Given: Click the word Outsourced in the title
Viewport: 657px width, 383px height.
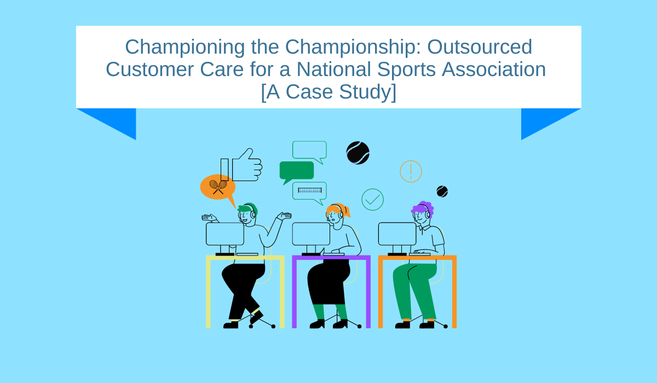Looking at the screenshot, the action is [x=480, y=47].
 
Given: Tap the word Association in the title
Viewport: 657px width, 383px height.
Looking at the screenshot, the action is [x=494, y=69].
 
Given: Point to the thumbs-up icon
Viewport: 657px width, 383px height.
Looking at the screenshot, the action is [x=241, y=165].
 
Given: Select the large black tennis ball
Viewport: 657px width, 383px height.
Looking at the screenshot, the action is [x=358, y=153].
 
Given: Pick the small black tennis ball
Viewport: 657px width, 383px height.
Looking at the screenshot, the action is [x=442, y=191].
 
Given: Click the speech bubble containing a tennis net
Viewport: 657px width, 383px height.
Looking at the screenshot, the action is [x=309, y=192].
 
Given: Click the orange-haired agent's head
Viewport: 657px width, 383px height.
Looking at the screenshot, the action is [x=337, y=213].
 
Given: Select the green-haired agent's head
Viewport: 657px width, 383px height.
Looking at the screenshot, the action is [x=247, y=213].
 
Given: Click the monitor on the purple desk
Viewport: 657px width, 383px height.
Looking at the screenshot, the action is [x=311, y=234].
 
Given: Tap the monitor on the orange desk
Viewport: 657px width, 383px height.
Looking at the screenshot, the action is [x=397, y=234].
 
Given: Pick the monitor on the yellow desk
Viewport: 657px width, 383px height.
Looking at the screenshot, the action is [x=225, y=234].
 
